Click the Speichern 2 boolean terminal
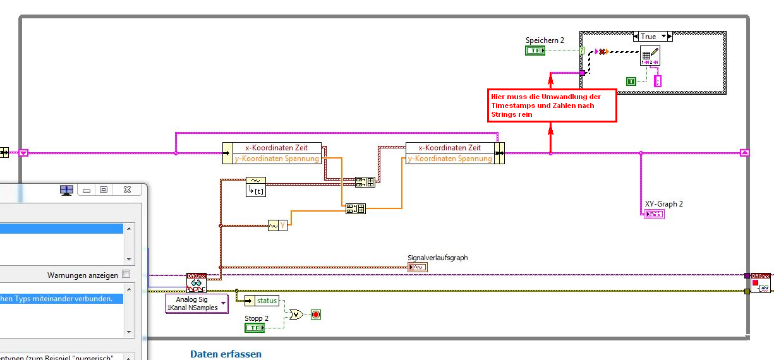[535, 51]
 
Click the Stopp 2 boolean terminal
[254, 327]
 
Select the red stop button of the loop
[316, 314]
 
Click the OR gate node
[295, 314]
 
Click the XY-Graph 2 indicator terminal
[654, 214]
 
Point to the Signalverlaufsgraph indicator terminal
[418, 267]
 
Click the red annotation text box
[552, 105]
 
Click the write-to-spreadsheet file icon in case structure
[650, 56]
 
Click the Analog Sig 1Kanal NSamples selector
[196, 303]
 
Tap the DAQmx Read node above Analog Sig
[197, 282]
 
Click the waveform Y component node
[277, 225]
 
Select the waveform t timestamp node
[255, 186]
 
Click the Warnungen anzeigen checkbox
[126, 275]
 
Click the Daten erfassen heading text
[226, 354]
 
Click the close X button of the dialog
[127, 189]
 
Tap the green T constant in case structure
[631, 81]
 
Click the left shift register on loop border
[23, 152]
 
